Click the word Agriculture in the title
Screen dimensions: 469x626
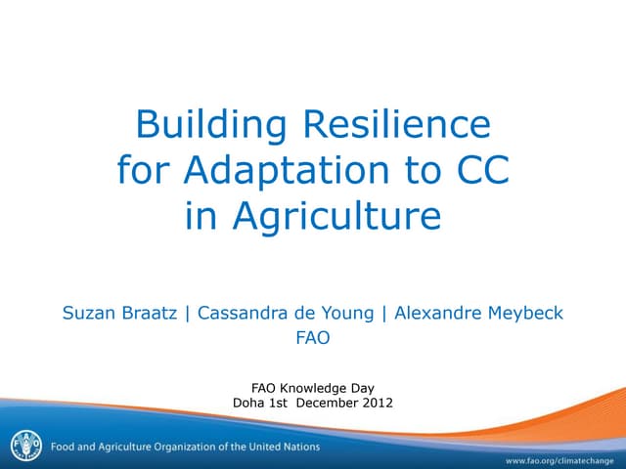[313, 217]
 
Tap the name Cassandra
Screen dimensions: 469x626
[243, 314]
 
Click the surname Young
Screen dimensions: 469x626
[344, 314]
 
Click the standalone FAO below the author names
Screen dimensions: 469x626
[313, 339]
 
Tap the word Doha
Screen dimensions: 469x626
[249, 402]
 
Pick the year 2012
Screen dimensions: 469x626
[377, 402]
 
